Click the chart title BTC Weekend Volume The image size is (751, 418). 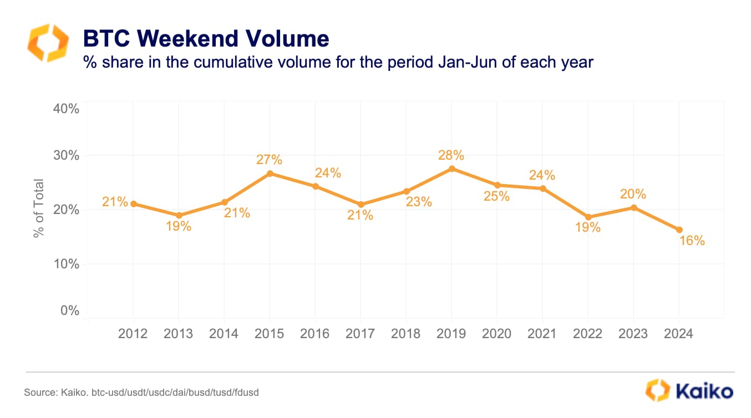point(206,39)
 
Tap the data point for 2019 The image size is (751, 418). point(451,169)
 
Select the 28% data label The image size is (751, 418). point(451,155)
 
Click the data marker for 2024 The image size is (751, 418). point(679,230)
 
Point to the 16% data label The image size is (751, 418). point(692,241)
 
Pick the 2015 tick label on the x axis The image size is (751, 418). point(269,333)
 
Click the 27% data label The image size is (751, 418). point(269,160)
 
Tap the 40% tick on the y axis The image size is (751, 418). point(66,109)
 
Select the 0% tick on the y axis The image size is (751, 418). point(69,310)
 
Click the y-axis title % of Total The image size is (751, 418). point(38,208)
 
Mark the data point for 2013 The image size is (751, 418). point(179,215)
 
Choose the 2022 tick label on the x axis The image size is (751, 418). point(587,333)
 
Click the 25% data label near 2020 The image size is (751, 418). point(496,196)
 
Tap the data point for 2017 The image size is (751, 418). point(361,205)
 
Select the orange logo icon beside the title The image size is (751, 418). point(48,43)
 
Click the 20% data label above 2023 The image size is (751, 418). point(633,194)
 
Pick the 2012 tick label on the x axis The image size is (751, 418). point(133,333)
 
